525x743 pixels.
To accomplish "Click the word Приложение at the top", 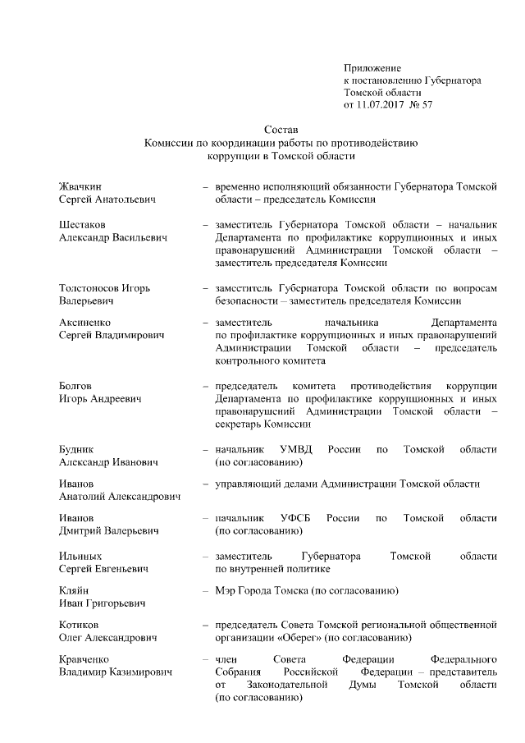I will tap(372, 67).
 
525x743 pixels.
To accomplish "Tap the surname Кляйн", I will tap(75, 591).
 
